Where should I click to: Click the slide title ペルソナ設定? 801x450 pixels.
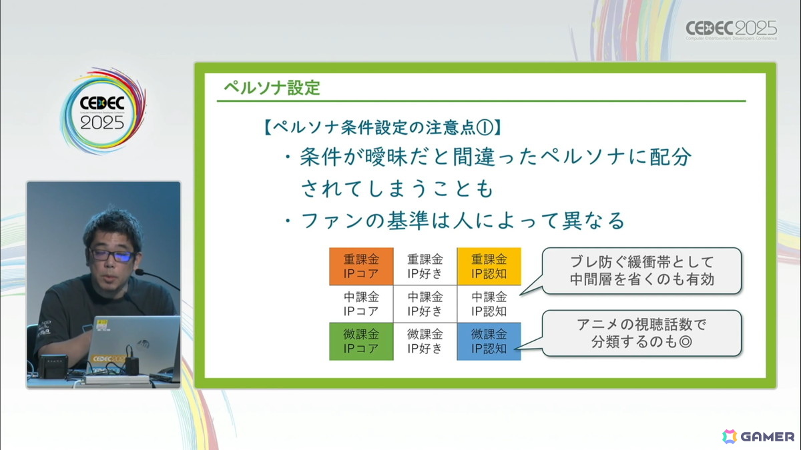(x=272, y=87)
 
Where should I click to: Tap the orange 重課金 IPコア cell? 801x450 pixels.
(x=361, y=266)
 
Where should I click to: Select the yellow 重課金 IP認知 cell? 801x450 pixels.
(x=489, y=266)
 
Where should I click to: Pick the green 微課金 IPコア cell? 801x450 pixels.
(x=361, y=341)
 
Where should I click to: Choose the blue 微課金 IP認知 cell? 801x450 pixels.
(x=489, y=341)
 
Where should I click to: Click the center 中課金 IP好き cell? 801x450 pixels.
(x=425, y=303)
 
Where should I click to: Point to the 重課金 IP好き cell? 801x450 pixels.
(x=425, y=266)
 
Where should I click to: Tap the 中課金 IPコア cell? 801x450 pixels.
(x=361, y=303)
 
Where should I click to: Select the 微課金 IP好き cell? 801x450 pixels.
(x=425, y=341)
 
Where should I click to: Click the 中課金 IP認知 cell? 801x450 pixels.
(x=489, y=303)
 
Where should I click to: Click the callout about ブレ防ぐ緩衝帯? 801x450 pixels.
(x=641, y=270)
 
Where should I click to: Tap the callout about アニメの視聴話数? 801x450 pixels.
(x=641, y=333)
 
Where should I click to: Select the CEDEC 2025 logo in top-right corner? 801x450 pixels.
(x=731, y=29)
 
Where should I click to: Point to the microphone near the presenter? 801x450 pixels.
(x=142, y=273)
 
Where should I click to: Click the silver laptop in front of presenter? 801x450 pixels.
(x=133, y=343)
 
